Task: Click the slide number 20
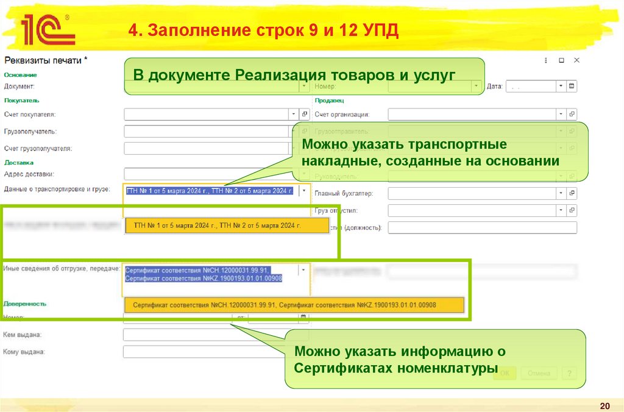click(604, 406)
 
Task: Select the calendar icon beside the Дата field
click(572, 87)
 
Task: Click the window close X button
click(576, 60)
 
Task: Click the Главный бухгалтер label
click(343, 193)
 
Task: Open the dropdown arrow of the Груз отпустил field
click(561, 210)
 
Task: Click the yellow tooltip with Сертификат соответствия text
click(294, 304)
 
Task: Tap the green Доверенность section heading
click(25, 303)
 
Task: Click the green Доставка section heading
click(19, 163)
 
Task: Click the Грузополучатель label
click(30, 131)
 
